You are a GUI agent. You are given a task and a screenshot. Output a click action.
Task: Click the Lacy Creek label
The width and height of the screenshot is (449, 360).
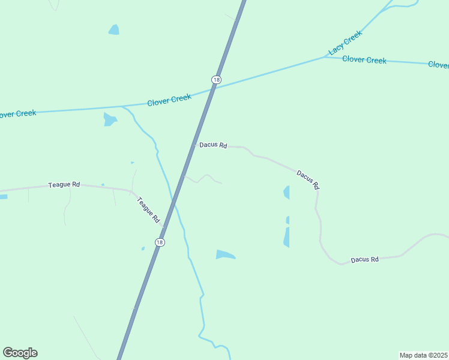click(346, 43)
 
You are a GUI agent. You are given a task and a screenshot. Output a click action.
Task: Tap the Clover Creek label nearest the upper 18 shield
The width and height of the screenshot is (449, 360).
click(169, 100)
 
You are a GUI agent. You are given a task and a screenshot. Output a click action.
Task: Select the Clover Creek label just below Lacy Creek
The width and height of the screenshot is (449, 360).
click(364, 59)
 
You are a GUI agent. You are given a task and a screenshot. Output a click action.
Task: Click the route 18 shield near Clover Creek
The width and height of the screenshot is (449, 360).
click(216, 80)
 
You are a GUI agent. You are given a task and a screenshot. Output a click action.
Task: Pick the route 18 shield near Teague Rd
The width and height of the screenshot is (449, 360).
click(159, 242)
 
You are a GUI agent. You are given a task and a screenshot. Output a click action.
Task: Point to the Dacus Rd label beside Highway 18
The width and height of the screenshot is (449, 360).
click(213, 145)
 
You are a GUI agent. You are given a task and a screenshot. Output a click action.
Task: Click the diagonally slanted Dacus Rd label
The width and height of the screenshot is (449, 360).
click(307, 179)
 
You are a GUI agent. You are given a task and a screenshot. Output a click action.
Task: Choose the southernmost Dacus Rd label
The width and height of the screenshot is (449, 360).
click(365, 259)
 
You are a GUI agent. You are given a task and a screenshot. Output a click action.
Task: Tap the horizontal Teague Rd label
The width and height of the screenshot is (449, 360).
click(64, 185)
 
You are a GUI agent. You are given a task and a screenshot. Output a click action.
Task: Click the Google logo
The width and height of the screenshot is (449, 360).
click(20, 353)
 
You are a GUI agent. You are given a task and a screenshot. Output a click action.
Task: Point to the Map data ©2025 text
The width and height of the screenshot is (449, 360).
click(423, 355)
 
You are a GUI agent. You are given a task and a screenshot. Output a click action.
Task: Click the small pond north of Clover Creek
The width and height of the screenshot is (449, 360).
click(113, 29)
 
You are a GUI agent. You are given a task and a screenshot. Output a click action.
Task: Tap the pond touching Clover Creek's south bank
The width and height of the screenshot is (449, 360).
click(109, 119)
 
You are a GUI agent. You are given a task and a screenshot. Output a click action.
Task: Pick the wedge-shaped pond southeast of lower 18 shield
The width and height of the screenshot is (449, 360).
click(224, 255)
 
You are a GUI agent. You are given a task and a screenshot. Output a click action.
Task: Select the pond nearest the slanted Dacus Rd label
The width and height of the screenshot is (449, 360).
click(287, 193)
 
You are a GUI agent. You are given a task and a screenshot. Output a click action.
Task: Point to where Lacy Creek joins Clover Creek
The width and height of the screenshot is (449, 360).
click(325, 57)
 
